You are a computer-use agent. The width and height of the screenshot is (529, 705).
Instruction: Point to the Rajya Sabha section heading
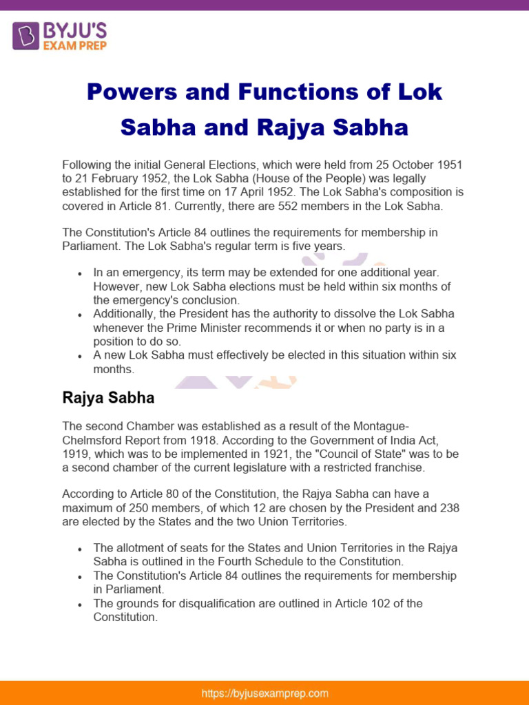(x=108, y=398)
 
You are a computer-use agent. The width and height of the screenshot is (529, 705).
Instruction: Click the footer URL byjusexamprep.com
(x=264, y=693)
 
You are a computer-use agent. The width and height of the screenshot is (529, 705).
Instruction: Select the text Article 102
(x=367, y=603)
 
